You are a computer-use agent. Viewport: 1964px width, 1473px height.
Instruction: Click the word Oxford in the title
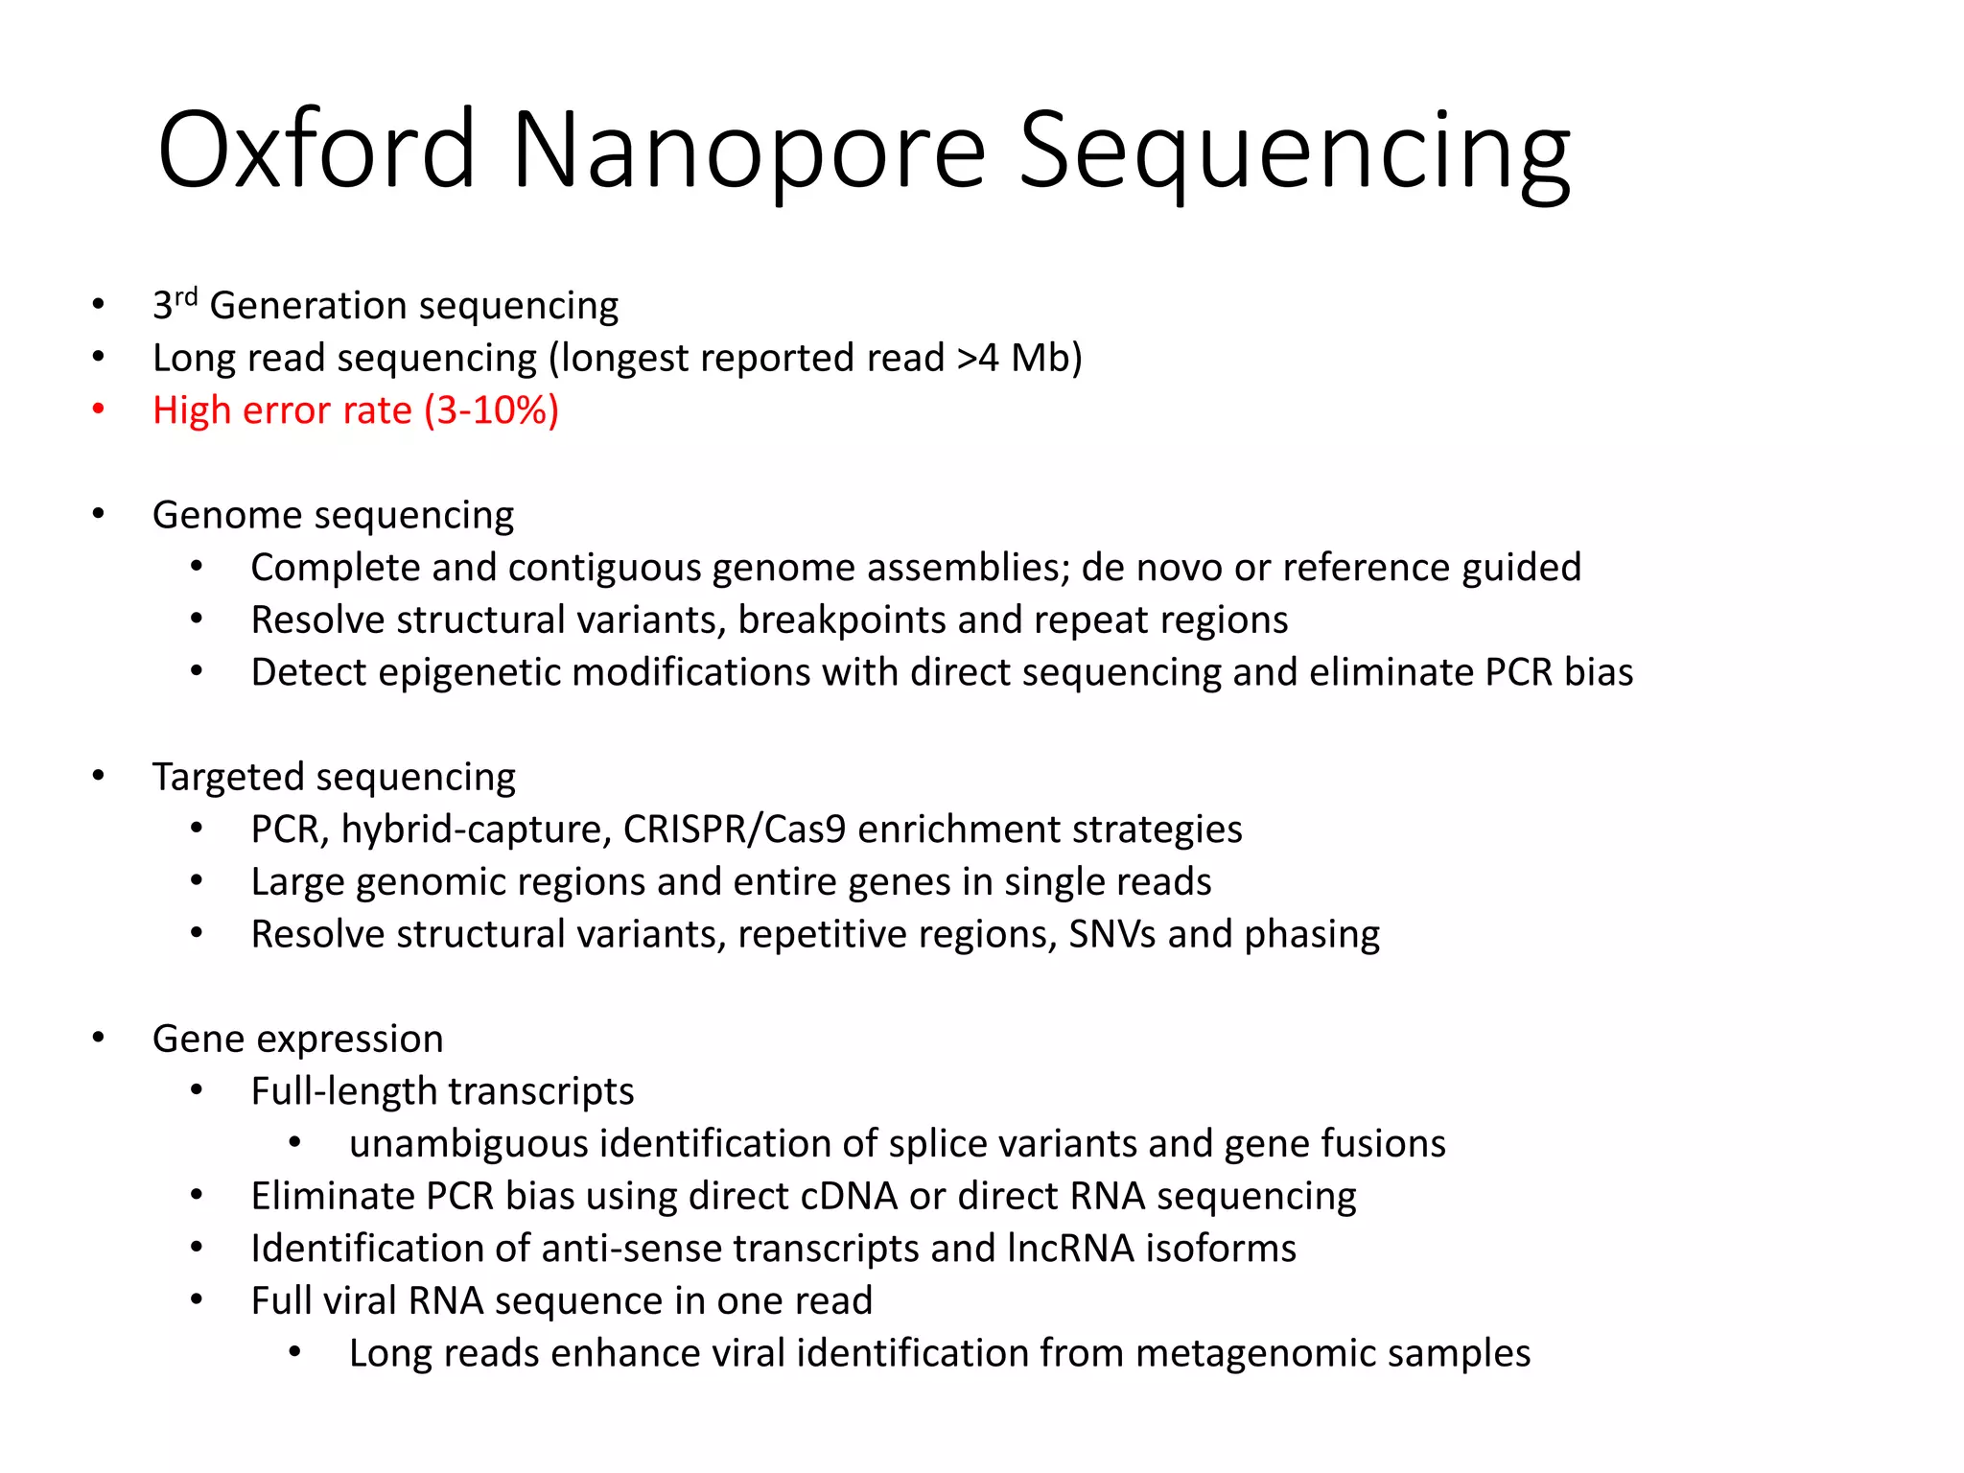(x=316, y=151)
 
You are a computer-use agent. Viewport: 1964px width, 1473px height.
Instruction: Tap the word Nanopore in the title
(x=749, y=151)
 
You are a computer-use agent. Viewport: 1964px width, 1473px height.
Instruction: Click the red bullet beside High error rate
(x=98, y=409)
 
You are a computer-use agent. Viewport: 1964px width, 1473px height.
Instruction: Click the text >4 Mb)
(x=1019, y=358)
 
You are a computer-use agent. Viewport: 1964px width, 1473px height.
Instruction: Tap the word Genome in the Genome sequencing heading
(x=228, y=516)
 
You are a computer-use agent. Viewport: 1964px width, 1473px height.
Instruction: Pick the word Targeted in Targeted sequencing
(x=227, y=777)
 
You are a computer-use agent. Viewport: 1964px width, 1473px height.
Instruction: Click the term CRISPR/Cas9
(x=735, y=830)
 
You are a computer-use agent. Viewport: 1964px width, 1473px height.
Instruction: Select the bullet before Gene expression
(x=98, y=1038)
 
